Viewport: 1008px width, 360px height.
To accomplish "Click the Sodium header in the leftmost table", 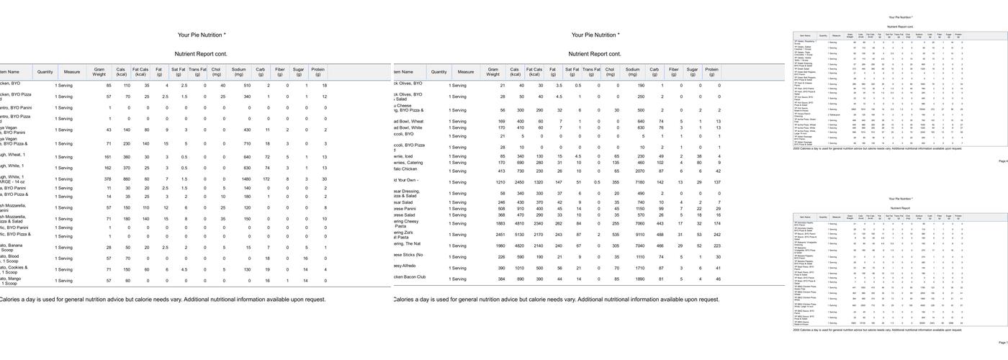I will [x=238, y=72].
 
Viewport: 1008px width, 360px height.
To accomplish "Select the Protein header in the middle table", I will [x=711, y=72].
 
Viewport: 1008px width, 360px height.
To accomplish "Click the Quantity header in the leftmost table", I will [x=45, y=72].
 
